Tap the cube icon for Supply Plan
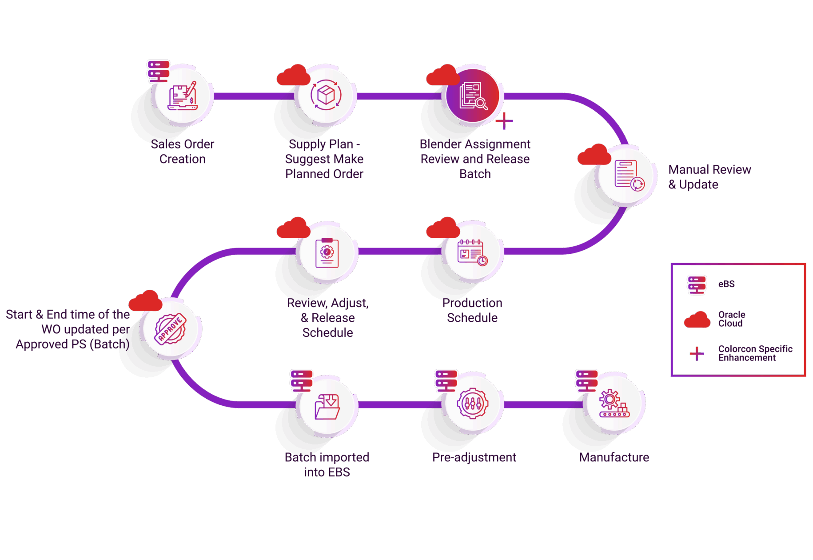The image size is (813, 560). click(326, 95)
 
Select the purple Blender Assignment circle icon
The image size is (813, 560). click(473, 96)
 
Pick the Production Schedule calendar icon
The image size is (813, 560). click(473, 252)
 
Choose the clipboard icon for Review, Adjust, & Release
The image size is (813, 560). click(327, 252)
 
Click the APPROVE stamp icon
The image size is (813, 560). click(171, 329)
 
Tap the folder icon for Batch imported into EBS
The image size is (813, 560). click(327, 406)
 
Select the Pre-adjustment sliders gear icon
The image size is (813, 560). click(473, 404)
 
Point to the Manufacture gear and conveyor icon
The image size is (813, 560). click(614, 404)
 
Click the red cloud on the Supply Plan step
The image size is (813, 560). click(293, 76)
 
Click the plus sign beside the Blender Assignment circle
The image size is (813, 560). click(504, 120)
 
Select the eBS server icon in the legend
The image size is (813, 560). click(697, 285)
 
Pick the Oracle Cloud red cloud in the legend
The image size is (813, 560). click(697, 320)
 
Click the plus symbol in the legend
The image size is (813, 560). click(697, 353)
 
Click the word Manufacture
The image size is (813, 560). click(614, 457)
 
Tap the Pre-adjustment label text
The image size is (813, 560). click(474, 457)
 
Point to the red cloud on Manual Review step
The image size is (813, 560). click(594, 155)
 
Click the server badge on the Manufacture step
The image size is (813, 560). click(586, 381)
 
